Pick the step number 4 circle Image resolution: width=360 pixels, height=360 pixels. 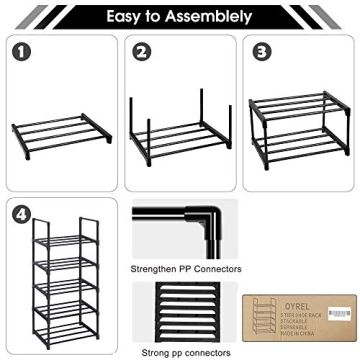coord(21,213)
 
